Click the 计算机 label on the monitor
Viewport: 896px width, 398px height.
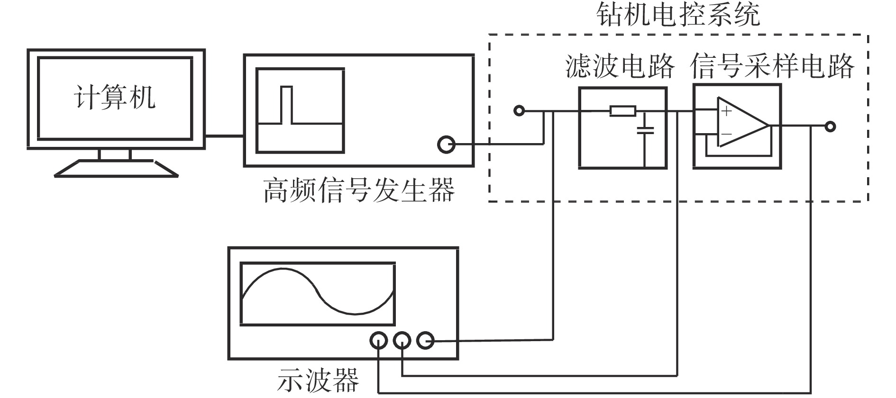114,98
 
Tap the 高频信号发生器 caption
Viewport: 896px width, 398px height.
359,190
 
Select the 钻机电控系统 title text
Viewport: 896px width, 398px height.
678,14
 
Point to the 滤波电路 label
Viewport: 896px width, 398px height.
620,66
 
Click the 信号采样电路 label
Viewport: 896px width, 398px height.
772,66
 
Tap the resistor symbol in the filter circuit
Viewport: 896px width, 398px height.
622,111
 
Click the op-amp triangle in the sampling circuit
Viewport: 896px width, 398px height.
740,122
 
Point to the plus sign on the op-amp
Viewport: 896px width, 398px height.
726,112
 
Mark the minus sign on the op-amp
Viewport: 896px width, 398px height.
726,135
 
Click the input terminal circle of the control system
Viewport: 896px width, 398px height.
520,111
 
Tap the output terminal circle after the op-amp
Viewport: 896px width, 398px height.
830,127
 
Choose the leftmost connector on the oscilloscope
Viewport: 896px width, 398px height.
378,340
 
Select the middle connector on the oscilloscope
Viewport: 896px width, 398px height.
402,340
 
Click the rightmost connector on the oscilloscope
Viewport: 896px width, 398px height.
425,340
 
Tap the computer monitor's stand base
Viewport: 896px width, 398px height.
115,169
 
